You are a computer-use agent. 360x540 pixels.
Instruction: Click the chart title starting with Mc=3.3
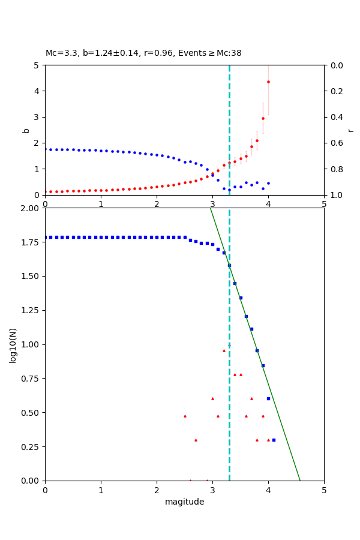(x=143, y=53)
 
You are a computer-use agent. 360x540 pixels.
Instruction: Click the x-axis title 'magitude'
(x=184, y=502)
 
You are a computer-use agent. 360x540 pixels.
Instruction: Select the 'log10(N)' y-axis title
(x=13, y=344)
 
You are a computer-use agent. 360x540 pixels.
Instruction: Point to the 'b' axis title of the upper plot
(x=26, y=130)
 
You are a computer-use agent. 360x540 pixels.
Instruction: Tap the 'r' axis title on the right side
(x=350, y=130)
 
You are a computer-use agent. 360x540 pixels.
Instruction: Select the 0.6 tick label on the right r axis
(x=335, y=143)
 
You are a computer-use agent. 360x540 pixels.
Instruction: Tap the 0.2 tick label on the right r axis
(x=335, y=91)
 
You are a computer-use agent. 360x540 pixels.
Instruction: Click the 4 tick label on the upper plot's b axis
(x=36, y=91)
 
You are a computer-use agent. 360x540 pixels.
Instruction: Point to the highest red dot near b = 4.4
(x=268, y=82)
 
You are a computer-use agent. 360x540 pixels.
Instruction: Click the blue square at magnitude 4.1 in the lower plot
(x=274, y=440)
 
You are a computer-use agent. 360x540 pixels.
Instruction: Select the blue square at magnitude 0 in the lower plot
(x=45, y=237)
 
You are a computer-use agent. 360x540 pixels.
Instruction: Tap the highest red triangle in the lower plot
(x=224, y=350)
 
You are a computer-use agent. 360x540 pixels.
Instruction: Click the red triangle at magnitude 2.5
(x=185, y=416)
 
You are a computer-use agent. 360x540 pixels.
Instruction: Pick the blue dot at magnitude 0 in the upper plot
(x=45, y=149)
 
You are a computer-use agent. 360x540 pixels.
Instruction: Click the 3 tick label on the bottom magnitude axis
(x=212, y=490)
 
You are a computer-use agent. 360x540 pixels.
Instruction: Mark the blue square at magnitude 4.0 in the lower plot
(x=268, y=398)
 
